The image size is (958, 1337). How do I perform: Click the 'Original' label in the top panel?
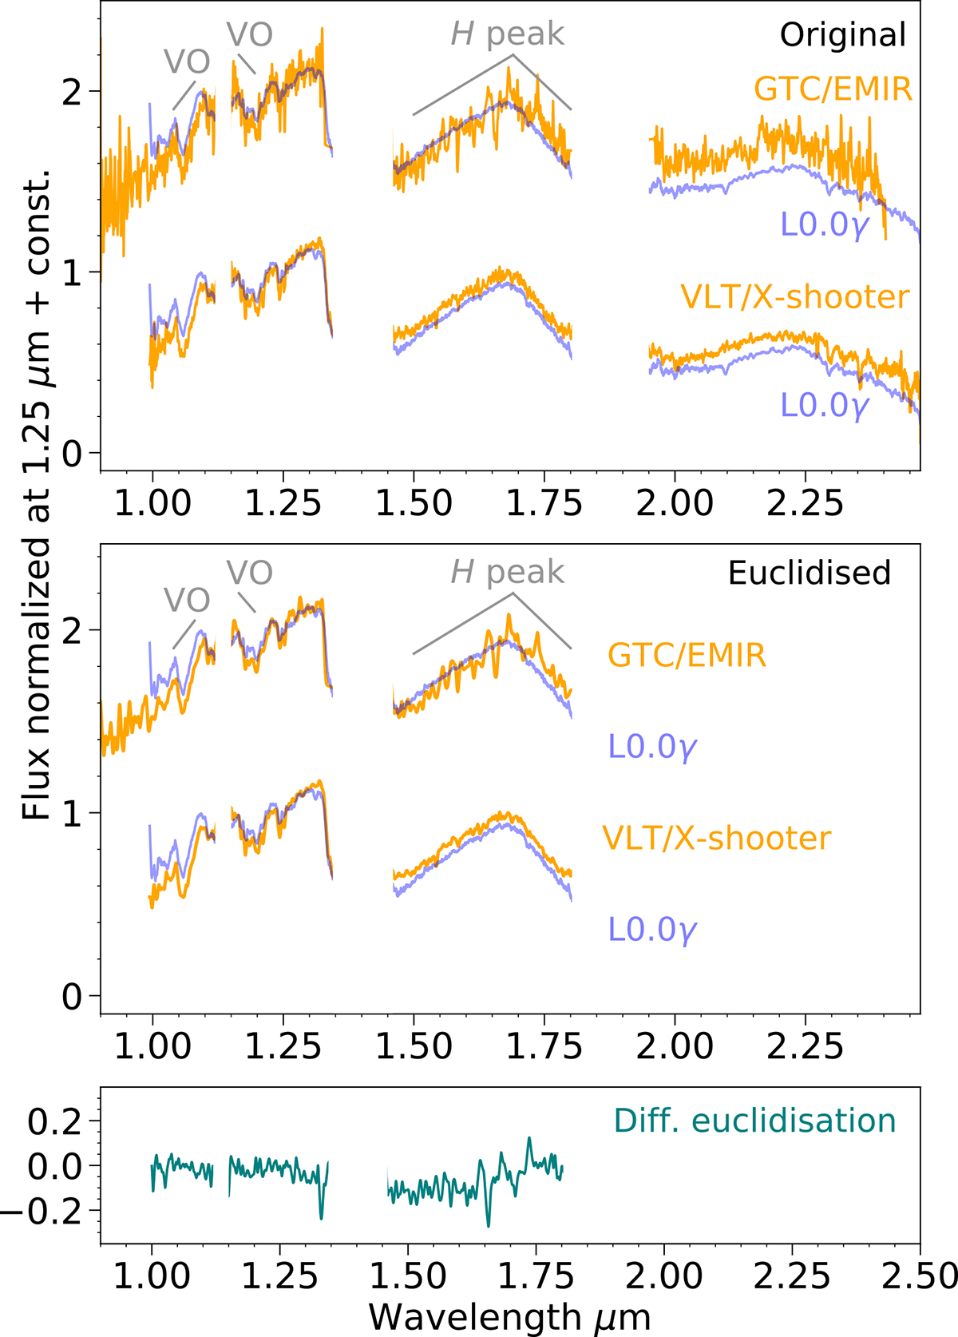pyautogui.click(x=843, y=35)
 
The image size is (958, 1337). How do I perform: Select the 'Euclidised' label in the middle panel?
pyautogui.click(x=810, y=573)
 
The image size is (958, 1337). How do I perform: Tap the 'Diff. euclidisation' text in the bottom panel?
pyautogui.click(x=754, y=1121)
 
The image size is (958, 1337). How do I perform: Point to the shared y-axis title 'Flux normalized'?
pyautogui.click(x=35, y=495)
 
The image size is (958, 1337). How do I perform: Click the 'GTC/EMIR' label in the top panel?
pyautogui.click(x=833, y=89)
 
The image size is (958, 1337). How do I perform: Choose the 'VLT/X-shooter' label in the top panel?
pyautogui.click(x=794, y=297)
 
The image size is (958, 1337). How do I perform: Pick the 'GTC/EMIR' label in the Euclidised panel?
pyautogui.click(x=687, y=656)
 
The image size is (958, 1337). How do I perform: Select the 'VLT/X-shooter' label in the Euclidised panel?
pyautogui.click(x=716, y=838)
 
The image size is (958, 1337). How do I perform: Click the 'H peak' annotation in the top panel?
pyautogui.click(x=508, y=34)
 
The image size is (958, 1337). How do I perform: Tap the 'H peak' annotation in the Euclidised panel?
pyautogui.click(x=508, y=573)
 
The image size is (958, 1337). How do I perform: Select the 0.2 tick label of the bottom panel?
pyautogui.click(x=54, y=1122)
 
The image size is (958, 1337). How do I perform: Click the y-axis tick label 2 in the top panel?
pyautogui.click(x=72, y=92)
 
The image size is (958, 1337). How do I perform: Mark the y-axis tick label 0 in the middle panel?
pyautogui.click(x=72, y=997)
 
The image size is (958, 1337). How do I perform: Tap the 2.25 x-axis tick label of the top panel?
pyautogui.click(x=805, y=504)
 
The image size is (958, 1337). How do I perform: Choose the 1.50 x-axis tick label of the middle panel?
pyautogui.click(x=414, y=1047)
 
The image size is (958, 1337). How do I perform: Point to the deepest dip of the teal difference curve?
pyautogui.click(x=488, y=1225)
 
